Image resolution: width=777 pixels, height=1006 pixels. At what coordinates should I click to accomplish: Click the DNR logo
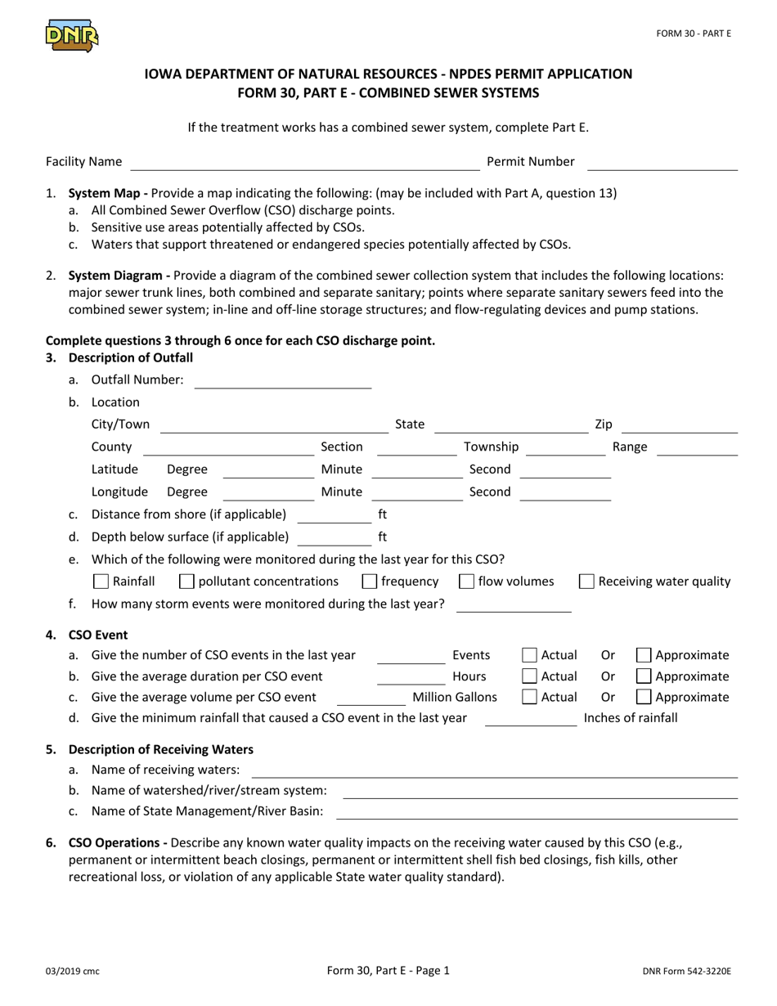(71, 35)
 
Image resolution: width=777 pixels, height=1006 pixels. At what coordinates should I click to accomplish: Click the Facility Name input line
(304, 164)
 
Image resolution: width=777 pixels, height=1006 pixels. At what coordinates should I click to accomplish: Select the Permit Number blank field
(662, 164)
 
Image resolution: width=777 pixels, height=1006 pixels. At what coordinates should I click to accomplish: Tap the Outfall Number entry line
(282, 381)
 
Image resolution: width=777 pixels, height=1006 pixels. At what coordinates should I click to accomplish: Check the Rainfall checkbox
(101, 582)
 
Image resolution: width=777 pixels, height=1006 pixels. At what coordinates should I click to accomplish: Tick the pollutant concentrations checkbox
(186, 582)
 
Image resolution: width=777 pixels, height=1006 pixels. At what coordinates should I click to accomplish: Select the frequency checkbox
(370, 582)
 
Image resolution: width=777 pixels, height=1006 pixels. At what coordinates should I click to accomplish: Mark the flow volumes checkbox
(466, 582)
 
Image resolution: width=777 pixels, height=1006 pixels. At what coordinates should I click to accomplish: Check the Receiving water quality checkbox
(586, 582)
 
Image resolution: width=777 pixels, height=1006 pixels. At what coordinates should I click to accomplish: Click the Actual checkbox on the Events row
(529, 655)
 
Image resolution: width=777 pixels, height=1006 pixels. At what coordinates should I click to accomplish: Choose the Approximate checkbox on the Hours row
(644, 676)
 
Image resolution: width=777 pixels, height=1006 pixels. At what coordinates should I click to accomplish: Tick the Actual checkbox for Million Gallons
(529, 698)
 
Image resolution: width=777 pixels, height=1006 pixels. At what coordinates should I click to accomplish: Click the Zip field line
(680, 426)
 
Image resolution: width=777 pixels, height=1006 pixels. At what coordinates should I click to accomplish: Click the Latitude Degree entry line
(268, 471)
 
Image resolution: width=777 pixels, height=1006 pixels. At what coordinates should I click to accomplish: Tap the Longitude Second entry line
(565, 493)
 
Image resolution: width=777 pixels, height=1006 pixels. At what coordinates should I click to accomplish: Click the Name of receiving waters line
(494, 771)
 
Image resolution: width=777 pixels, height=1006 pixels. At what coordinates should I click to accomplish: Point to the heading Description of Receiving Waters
(161, 749)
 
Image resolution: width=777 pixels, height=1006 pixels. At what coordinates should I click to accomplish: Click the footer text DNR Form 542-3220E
(686, 972)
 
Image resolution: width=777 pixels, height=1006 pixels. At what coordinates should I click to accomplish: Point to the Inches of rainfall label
(631, 718)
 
